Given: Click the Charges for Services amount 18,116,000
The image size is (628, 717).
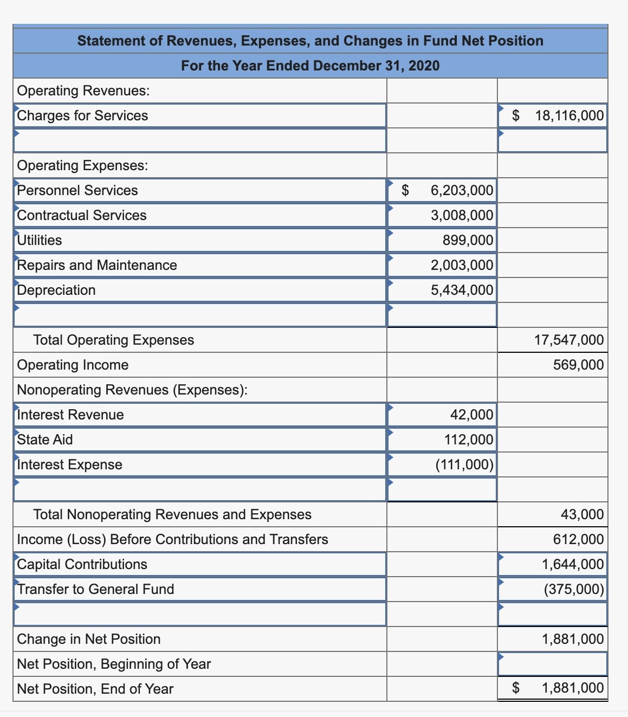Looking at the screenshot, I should (x=568, y=115).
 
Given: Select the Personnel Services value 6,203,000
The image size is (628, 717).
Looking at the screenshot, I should (x=462, y=190).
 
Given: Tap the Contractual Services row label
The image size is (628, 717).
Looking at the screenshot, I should (x=82, y=215).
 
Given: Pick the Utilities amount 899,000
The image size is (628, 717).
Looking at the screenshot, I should (x=468, y=240).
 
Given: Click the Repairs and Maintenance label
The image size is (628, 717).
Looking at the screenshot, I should (x=97, y=265).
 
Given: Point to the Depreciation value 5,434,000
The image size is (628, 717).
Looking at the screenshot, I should (x=462, y=290).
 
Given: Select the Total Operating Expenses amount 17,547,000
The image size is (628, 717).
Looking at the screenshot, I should (x=568, y=340).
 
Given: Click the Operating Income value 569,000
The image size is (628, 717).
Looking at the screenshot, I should (x=578, y=365).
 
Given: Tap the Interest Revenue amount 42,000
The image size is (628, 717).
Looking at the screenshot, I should (x=471, y=415).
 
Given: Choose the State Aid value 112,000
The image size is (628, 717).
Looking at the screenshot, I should (x=469, y=440).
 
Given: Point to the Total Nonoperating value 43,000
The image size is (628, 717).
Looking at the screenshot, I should (x=582, y=514).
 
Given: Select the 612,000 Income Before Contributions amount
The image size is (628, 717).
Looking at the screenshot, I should (x=578, y=539).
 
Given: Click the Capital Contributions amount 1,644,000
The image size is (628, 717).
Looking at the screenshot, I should (x=573, y=564).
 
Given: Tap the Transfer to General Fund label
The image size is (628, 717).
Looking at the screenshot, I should (x=95, y=589).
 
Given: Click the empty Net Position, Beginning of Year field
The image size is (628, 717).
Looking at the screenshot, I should (x=552, y=664).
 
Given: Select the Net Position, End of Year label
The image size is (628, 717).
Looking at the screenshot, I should (x=95, y=689).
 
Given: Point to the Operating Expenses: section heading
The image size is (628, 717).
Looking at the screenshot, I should (x=82, y=165).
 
